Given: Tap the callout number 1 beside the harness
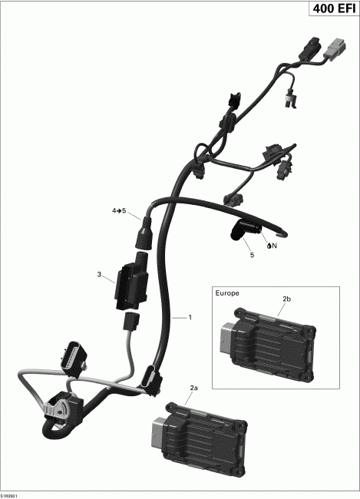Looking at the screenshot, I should pos(190,317).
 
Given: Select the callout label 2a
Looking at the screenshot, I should pos(193,388).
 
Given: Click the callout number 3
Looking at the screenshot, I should pos(99,274).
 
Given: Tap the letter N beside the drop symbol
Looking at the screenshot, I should pos(273,246).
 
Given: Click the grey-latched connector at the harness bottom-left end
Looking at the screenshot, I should pos(59,407).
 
